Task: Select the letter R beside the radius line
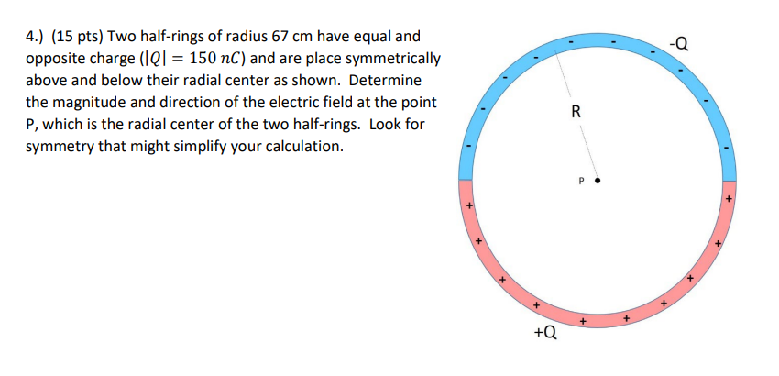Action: (x=576, y=113)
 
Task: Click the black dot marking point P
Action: (x=598, y=182)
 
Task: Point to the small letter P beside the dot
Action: (x=581, y=182)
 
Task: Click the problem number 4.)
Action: (x=34, y=38)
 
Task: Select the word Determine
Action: (x=385, y=82)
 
